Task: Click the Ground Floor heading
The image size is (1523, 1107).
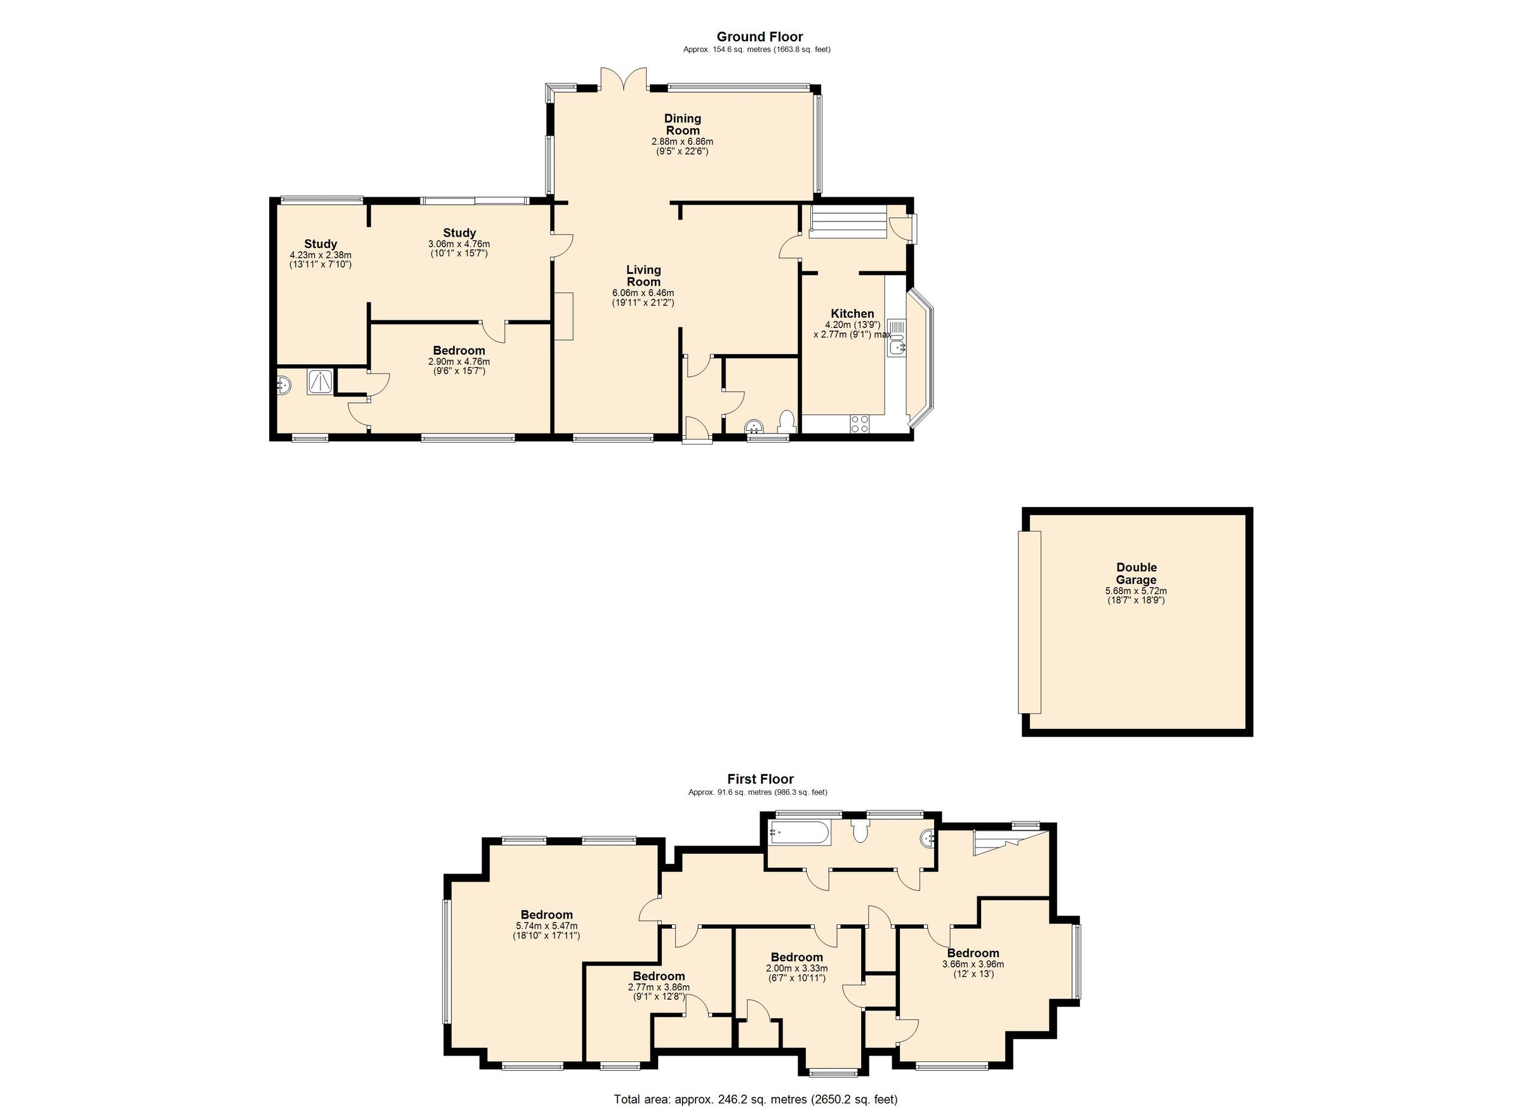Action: (760, 37)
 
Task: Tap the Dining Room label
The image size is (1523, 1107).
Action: (682, 125)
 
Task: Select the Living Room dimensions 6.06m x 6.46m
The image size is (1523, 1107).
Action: (643, 293)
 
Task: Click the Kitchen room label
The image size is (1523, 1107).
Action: (852, 313)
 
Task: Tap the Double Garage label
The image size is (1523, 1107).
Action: (1136, 573)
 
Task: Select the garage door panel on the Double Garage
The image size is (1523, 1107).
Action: (1029, 622)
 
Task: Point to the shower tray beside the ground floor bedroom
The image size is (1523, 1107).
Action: (320, 381)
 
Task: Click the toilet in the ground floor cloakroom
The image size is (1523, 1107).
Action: (786, 422)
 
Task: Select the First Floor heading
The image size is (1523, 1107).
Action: (760, 779)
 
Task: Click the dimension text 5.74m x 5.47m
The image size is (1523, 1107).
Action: (546, 925)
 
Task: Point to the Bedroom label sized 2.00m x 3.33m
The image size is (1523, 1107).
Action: (796, 957)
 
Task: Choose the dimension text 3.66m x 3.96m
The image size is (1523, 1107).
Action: (973, 964)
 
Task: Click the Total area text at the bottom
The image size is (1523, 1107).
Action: (755, 1099)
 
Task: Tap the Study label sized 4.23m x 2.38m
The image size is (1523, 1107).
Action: (320, 244)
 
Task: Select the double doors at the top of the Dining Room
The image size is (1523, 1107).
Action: (624, 79)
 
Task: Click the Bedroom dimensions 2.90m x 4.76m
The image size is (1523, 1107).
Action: (459, 361)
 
